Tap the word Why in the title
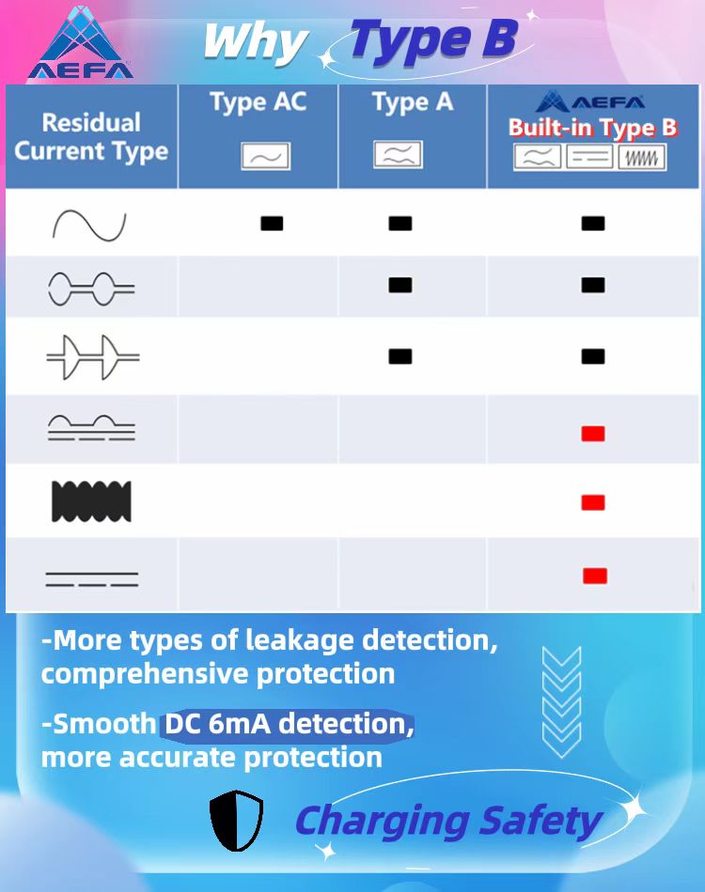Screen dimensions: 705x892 point(256,42)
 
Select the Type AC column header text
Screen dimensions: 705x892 point(258,102)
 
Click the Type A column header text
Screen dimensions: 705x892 point(413,102)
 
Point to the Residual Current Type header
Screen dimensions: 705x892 point(91,137)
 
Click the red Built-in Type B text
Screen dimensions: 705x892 point(593,128)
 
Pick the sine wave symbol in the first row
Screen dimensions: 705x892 point(89,226)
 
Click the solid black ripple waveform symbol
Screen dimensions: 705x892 point(91,501)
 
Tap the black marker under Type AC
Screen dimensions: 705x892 point(272,223)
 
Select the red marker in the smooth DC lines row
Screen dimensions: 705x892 point(595,576)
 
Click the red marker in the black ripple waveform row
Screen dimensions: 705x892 point(593,502)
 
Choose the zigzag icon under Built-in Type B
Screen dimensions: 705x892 point(642,158)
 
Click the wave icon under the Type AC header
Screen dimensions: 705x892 point(265,156)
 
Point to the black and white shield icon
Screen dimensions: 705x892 point(236,821)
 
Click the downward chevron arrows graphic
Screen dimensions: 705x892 point(561,702)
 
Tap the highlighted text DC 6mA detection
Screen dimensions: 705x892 point(289,724)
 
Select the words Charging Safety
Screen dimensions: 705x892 point(448,822)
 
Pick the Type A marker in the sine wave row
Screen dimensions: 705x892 point(400,223)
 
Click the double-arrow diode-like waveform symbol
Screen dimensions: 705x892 point(93,357)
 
